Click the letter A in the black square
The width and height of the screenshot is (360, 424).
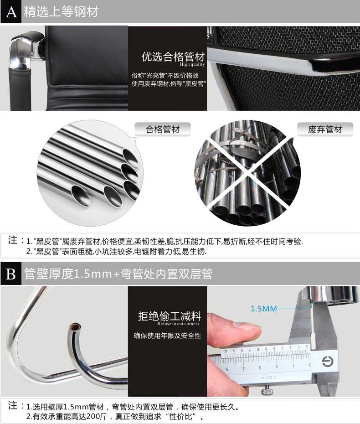coord(11,12)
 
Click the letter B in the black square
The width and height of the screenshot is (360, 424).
coord(11,274)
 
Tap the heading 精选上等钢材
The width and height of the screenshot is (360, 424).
coord(61,12)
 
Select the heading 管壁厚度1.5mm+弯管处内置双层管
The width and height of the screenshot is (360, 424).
coord(118,274)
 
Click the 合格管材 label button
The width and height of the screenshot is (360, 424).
coord(162,129)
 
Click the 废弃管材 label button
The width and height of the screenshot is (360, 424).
coord(325,129)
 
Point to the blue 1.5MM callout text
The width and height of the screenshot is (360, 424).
coord(264,309)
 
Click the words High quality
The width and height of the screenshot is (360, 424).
coord(192,64)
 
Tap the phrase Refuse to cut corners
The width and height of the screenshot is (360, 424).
coord(178,324)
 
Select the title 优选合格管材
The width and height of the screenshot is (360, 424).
coord(173,57)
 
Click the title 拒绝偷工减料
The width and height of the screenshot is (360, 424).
coord(170,316)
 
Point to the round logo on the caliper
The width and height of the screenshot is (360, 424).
coord(328,361)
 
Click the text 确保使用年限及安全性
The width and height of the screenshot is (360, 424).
coord(168,336)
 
